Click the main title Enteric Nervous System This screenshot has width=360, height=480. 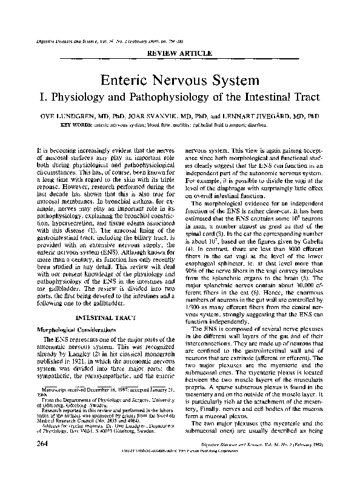(180, 79)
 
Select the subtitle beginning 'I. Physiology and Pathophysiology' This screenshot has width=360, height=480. (180, 96)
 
